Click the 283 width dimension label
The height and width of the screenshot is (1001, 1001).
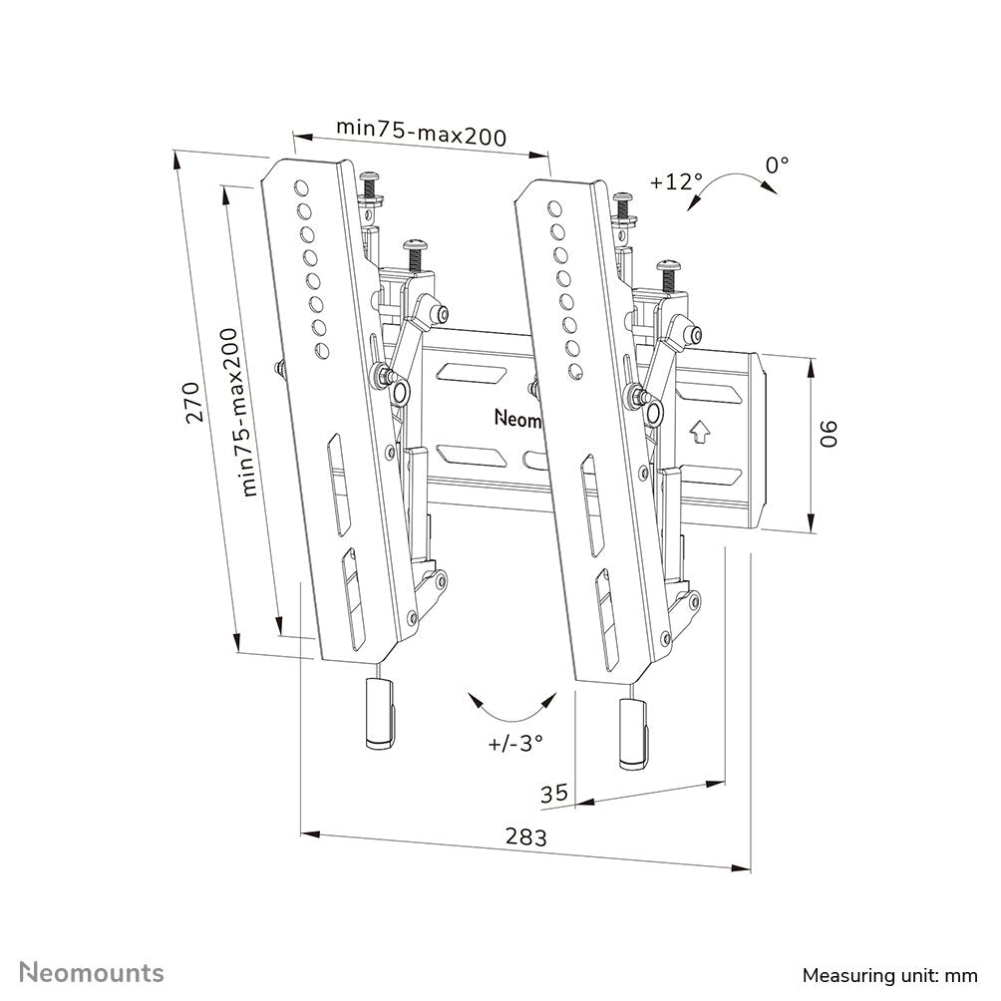tap(526, 838)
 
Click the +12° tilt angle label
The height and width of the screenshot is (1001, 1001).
tap(676, 182)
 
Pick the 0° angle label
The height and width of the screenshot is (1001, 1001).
tap(777, 164)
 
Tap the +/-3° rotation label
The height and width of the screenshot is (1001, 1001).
tap(515, 742)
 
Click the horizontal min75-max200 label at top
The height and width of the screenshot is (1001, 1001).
tap(421, 132)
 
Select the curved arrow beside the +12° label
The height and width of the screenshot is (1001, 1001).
tap(727, 185)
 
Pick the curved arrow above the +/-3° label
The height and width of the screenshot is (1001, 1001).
tap(515, 707)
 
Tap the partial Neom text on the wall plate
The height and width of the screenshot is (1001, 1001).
tap(517, 419)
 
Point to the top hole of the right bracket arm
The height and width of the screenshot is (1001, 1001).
tap(551, 205)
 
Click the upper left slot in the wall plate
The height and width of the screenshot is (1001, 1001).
tap(468, 374)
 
